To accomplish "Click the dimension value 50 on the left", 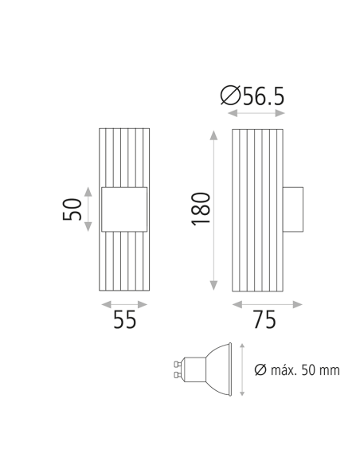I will (72, 209).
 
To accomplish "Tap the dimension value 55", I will (124, 320).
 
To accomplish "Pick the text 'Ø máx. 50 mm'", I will (297, 369).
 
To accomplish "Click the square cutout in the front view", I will (124, 210).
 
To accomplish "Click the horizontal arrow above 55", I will (124, 304).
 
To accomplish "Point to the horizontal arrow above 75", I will (267, 304).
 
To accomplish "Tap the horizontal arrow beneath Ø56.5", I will (255, 115).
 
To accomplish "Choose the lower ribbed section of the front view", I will (124, 263).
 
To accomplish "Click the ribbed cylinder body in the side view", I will (256, 209).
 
